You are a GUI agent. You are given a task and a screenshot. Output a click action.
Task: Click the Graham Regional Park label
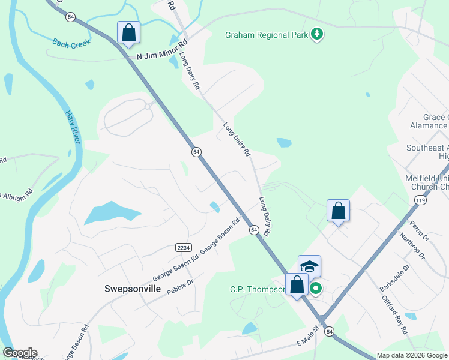pyautogui.click(x=266, y=35)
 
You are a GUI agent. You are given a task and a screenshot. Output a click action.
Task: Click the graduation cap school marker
pyautogui.click(x=309, y=266)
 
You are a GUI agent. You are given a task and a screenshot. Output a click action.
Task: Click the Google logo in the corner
pyautogui.click(x=20, y=353)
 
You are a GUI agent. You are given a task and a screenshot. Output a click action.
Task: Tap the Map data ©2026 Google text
pyautogui.click(x=412, y=355)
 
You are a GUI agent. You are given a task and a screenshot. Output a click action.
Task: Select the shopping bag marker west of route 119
pyautogui.click(x=339, y=211)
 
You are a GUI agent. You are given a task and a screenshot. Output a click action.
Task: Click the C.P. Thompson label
pyautogui.click(x=257, y=289)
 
